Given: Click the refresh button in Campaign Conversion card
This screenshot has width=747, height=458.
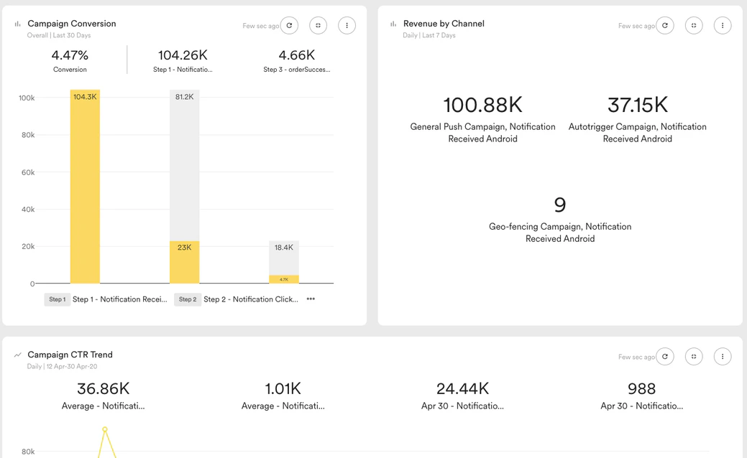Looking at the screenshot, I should [289, 25].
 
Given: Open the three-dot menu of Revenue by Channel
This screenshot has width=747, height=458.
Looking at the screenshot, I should [723, 25].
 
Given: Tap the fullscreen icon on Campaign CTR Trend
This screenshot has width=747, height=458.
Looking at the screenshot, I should [694, 356].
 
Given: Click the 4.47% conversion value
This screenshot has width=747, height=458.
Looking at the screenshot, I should [70, 55].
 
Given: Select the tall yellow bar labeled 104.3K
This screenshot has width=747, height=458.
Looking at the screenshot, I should [85, 187].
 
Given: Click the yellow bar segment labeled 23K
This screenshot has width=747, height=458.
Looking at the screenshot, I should [184, 262].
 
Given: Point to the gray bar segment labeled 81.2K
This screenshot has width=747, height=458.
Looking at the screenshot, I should [184, 165].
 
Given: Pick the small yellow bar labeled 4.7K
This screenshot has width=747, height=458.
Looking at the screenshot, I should [284, 279].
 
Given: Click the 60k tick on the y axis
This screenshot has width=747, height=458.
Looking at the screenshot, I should [27, 172].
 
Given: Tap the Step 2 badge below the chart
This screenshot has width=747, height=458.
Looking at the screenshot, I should [188, 299].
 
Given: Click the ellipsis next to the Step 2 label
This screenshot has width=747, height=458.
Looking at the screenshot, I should [311, 299].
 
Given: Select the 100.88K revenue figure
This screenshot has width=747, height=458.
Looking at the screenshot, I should [482, 105].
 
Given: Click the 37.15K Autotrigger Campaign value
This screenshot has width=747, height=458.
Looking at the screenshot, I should [637, 105].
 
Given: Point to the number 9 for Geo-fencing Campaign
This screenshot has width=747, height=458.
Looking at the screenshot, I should [560, 205].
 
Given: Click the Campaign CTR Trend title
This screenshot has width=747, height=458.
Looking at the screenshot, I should [70, 355].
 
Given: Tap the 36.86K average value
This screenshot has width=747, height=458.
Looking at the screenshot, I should [103, 388].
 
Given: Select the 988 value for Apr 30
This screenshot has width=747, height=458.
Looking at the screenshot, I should [641, 388].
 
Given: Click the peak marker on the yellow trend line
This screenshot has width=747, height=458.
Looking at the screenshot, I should [105, 429].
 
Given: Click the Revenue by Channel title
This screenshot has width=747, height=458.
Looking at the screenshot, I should [444, 24].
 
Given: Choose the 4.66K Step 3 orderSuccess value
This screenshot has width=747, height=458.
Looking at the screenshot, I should [296, 55].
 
